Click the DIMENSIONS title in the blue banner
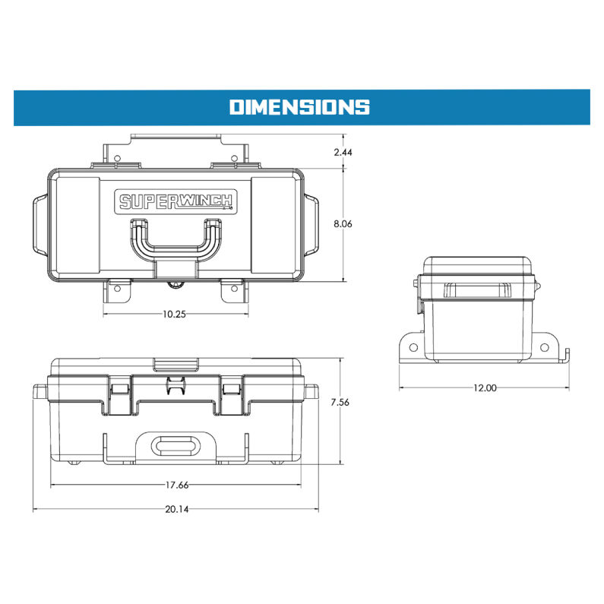[299, 106]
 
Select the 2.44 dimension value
[343, 152]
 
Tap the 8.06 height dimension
[343, 224]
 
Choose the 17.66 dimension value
[176, 485]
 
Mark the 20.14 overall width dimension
[176, 509]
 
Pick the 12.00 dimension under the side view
[484, 388]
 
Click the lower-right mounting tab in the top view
[232, 289]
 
